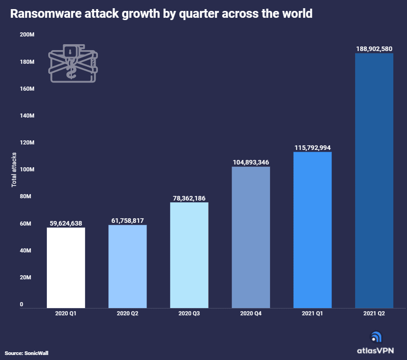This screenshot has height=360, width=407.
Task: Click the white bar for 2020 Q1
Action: (66, 267)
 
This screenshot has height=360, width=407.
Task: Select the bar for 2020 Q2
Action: (127, 266)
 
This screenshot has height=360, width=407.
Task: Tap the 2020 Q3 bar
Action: (189, 255)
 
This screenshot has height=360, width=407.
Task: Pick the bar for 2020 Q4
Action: (251, 237)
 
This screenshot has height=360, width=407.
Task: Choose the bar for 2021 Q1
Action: (312, 230)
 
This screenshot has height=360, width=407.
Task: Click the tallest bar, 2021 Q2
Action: (374, 180)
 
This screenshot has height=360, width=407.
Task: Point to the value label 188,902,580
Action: (374, 49)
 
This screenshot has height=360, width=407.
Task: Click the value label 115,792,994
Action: (312, 147)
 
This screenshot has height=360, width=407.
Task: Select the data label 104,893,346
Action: (251, 162)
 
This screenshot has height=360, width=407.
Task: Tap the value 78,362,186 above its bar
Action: (189, 198)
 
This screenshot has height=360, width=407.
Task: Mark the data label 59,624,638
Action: (66, 223)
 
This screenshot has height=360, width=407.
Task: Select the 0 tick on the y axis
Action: (21, 304)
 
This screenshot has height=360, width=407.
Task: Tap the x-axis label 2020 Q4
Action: (251, 314)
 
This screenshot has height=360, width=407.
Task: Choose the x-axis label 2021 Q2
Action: (374, 314)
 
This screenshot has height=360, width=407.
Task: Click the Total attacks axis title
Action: (14, 170)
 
